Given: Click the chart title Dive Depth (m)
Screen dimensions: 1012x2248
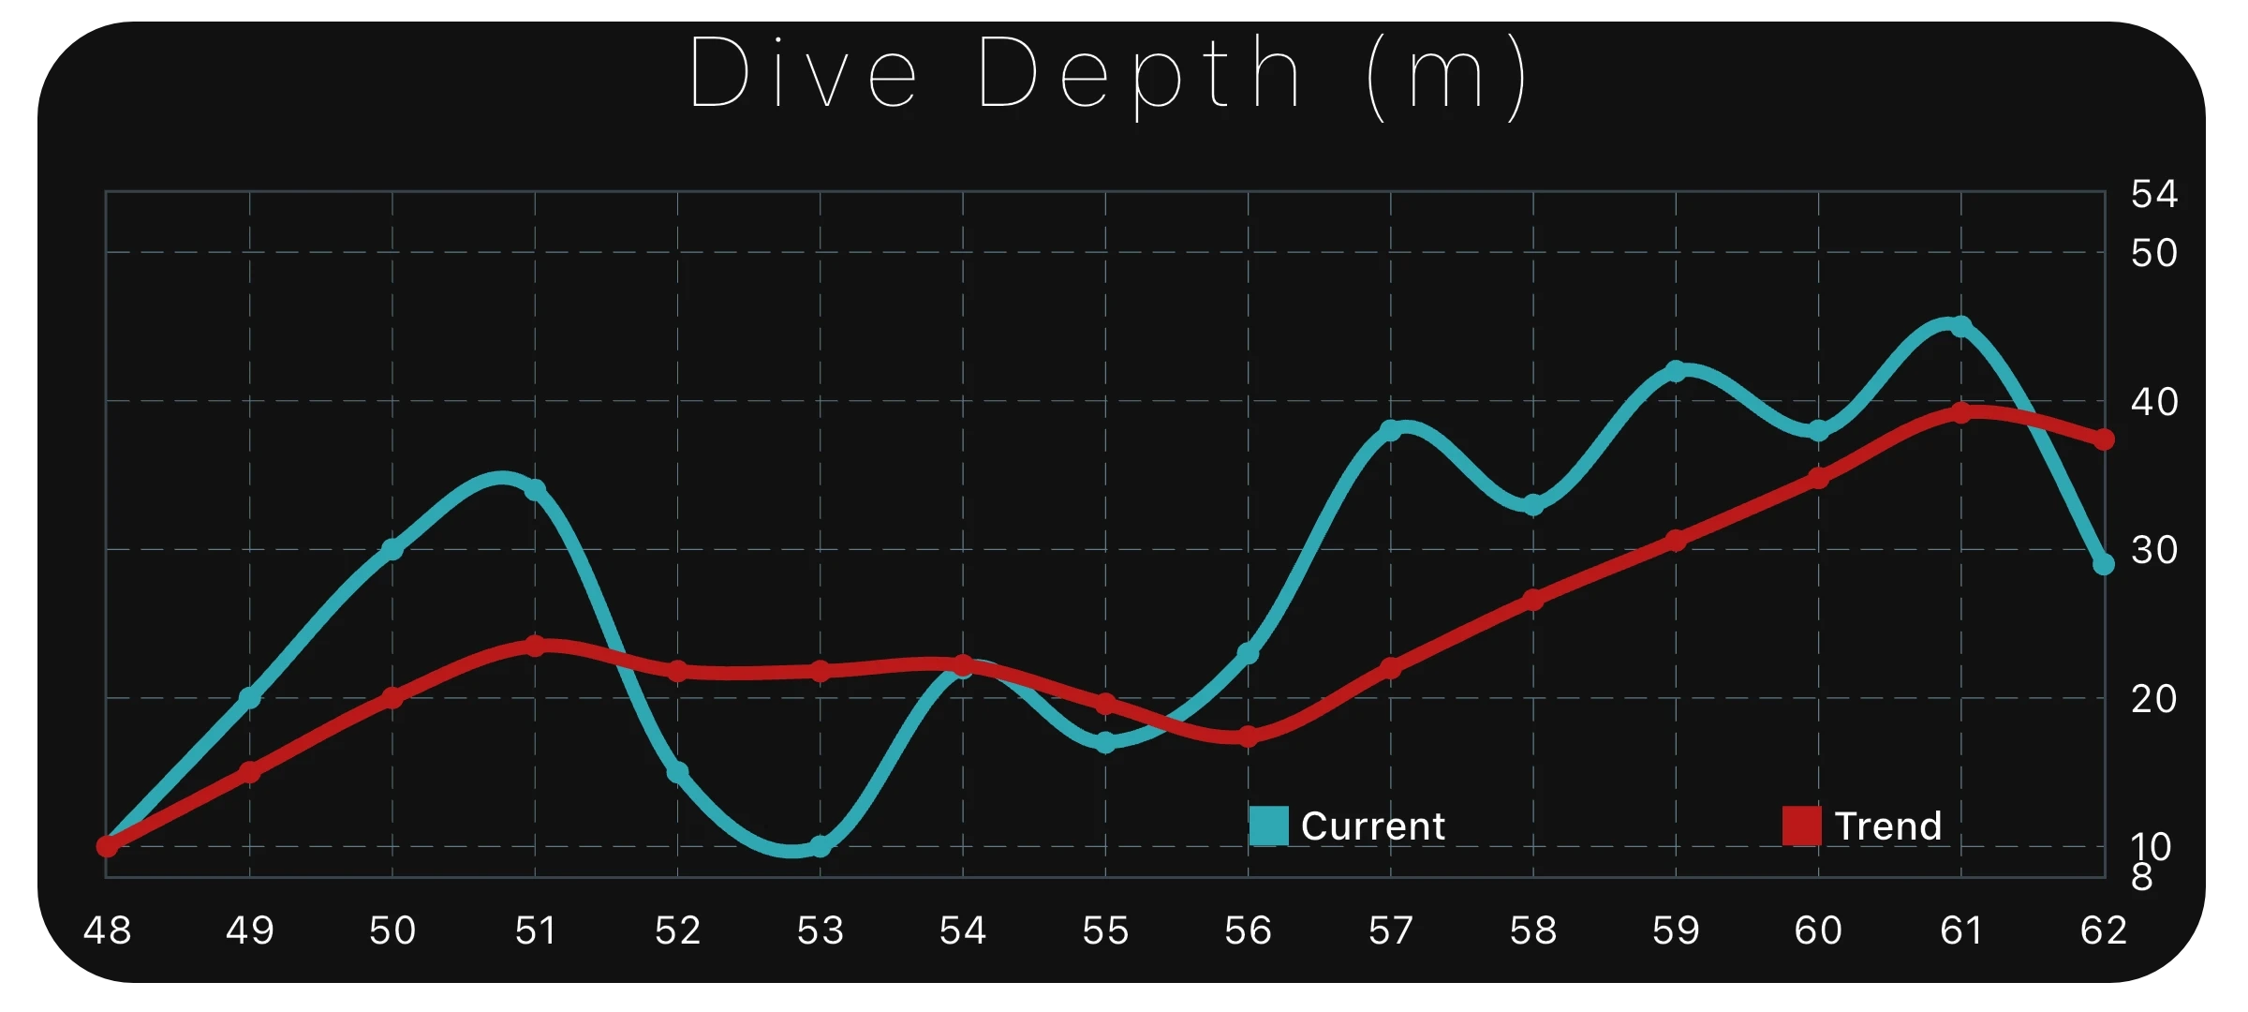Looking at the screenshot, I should point(1109,73).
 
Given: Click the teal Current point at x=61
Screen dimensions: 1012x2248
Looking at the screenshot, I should point(1960,326).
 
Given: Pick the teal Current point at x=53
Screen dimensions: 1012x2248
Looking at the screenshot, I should point(821,846).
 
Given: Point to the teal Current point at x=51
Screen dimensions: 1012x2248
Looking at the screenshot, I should point(535,490).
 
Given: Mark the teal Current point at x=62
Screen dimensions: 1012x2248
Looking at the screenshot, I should point(2104,564).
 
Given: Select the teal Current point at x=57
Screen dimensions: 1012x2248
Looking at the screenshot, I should point(1391,430).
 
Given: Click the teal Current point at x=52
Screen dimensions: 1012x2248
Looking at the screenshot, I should point(677,772).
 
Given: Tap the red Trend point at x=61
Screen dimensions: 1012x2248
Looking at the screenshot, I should point(1960,413).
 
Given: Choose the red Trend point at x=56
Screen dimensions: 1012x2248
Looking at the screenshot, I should point(1248,737).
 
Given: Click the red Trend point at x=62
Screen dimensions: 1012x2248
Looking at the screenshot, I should point(2104,439).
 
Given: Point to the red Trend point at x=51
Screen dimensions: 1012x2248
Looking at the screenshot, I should point(535,646).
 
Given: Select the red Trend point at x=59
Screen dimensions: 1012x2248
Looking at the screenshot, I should point(1676,540).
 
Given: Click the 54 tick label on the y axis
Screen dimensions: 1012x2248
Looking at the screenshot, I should point(2153,195).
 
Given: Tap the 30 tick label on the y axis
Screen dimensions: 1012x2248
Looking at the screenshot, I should point(2153,550).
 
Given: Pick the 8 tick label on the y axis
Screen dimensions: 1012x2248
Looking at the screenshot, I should point(2142,878).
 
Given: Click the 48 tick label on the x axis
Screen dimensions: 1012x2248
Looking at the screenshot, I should point(107,930).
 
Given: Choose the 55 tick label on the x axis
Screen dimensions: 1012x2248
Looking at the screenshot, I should point(1105,930).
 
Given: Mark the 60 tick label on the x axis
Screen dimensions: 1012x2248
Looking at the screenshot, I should point(1818,930).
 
